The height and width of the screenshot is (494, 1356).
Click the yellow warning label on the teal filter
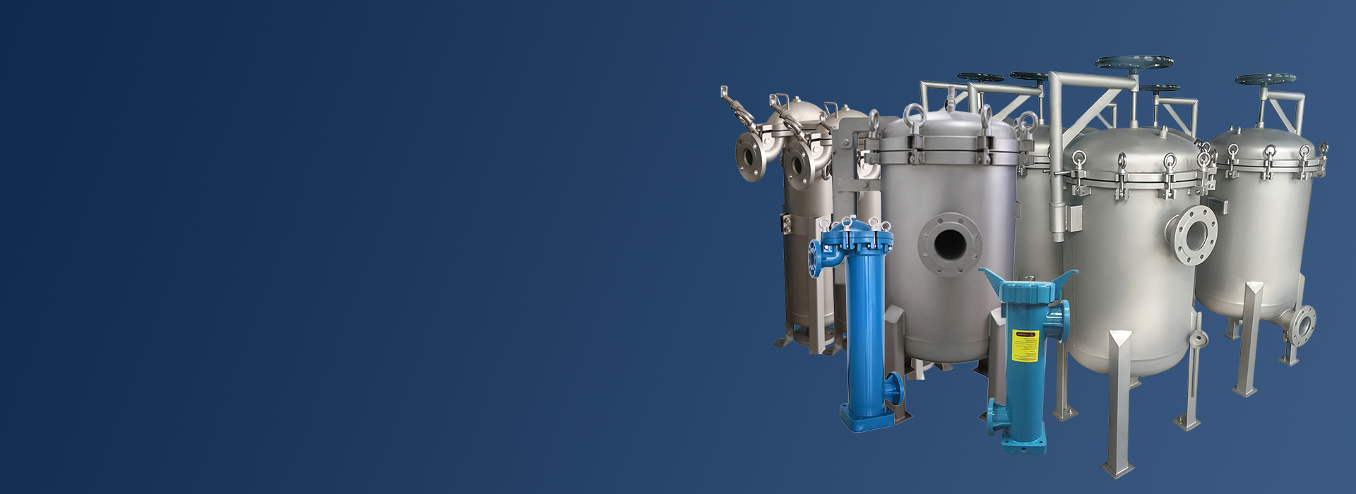(x=1024, y=345)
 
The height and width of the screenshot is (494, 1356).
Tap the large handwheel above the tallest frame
(x=1134, y=63)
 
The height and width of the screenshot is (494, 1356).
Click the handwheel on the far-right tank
(x=1265, y=79)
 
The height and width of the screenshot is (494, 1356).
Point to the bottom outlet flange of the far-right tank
(x=1304, y=325)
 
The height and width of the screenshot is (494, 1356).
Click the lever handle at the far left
(x=733, y=106)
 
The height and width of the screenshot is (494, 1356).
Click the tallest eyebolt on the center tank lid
(x=914, y=115)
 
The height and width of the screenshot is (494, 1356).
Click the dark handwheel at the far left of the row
(x=980, y=77)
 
